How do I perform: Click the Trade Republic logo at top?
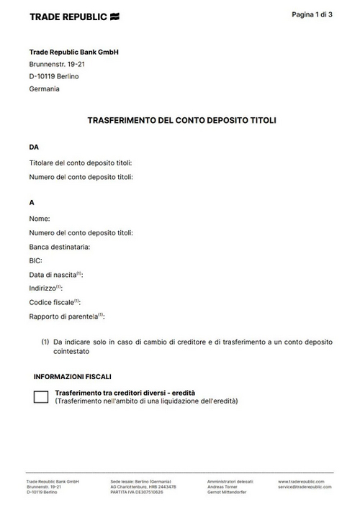click(x=74, y=16)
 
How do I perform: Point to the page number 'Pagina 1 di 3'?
click(x=312, y=14)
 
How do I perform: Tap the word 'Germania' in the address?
click(x=45, y=89)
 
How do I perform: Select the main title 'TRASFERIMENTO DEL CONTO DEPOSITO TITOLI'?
click(x=181, y=121)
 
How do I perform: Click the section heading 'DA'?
click(x=34, y=147)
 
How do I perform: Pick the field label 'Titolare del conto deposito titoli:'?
click(x=81, y=163)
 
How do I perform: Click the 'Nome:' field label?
click(x=40, y=218)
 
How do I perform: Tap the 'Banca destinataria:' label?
click(x=60, y=247)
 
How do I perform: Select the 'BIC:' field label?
click(x=36, y=260)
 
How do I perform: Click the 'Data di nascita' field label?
click(x=54, y=275)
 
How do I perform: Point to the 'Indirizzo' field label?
click(x=45, y=288)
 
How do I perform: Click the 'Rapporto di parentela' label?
click(x=65, y=317)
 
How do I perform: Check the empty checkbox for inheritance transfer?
click(x=41, y=396)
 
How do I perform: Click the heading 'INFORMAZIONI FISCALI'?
click(x=73, y=376)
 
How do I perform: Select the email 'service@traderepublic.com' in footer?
click(x=305, y=486)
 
